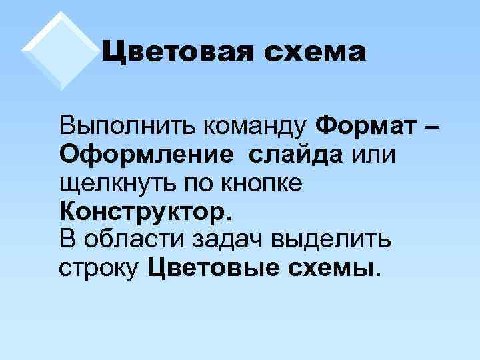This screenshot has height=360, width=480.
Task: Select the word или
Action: tap(373, 154)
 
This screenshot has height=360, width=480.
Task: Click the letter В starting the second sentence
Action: tap(68, 239)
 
